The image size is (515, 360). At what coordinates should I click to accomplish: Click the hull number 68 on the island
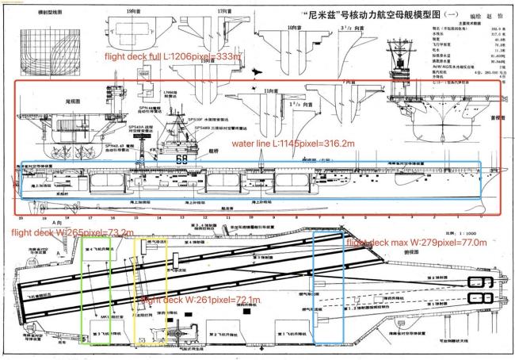click(181, 159)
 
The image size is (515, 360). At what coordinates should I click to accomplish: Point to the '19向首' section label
click(135, 12)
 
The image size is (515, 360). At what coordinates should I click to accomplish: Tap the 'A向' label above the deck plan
click(55, 224)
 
